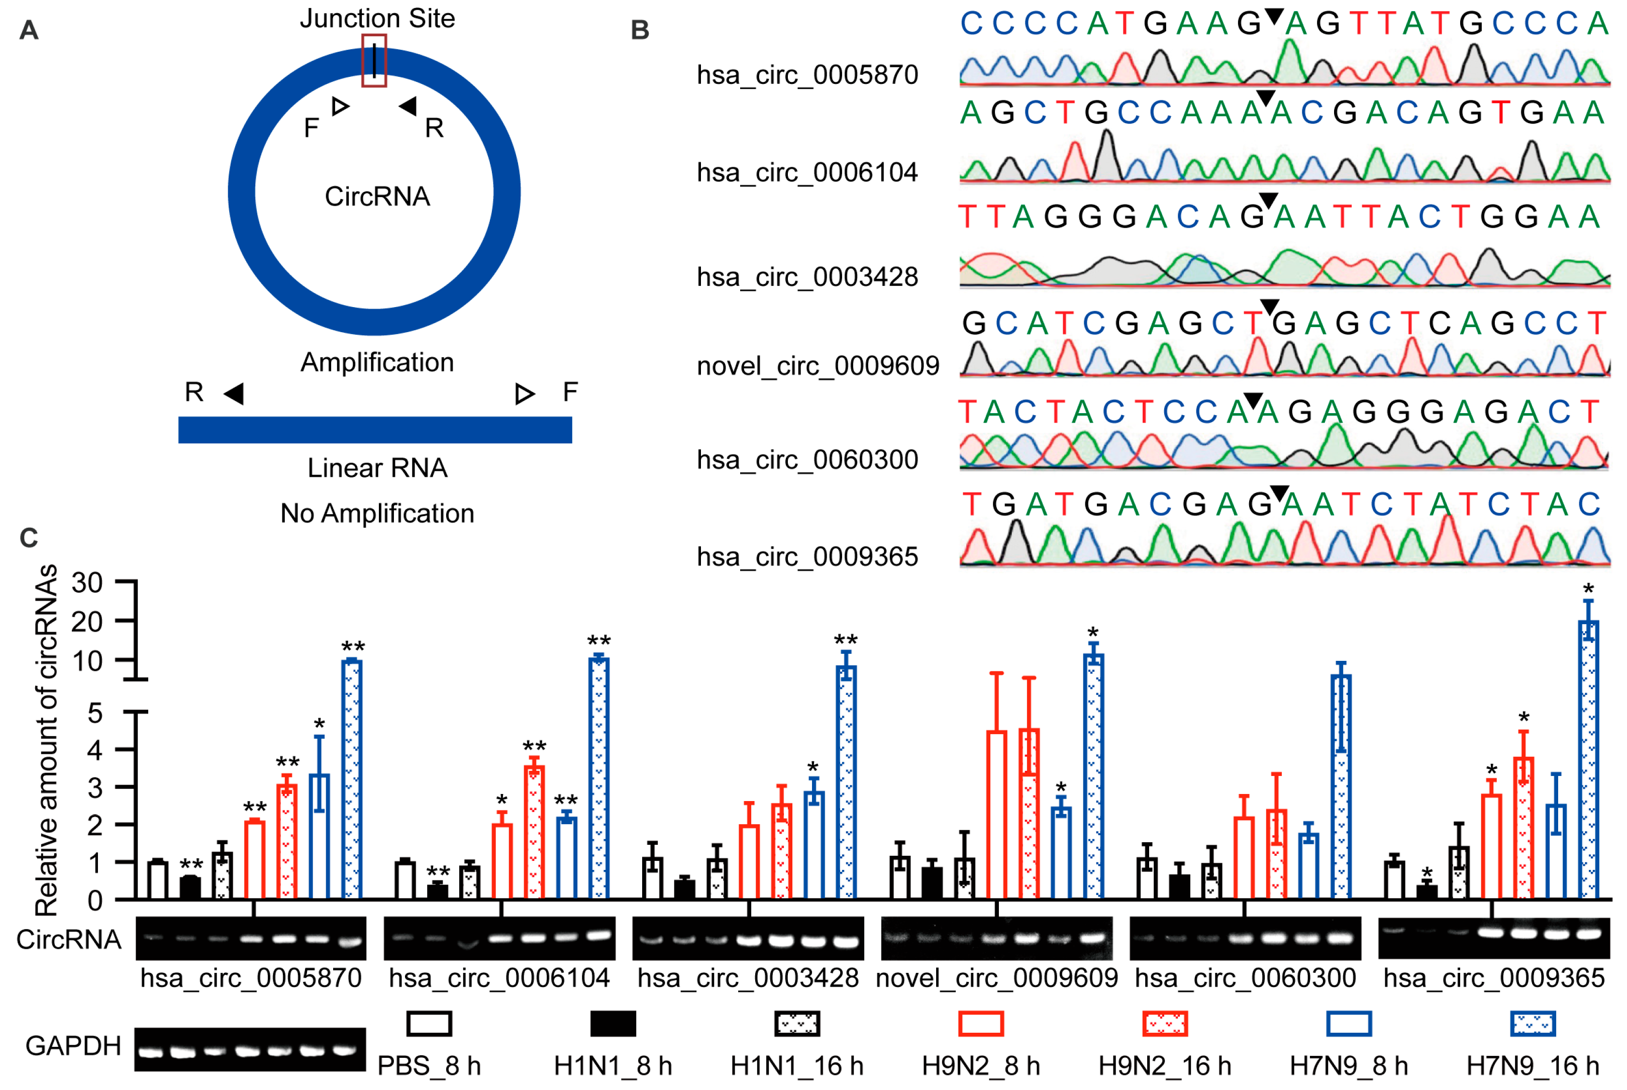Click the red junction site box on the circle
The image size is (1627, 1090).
374,60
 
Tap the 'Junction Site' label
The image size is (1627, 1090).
377,18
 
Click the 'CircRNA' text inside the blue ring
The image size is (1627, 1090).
377,196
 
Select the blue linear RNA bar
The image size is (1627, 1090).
375,430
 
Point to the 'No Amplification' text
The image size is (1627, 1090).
377,514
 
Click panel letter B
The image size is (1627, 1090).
640,31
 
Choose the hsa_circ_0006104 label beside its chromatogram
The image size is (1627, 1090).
807,172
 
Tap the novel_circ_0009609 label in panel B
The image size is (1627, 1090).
818,366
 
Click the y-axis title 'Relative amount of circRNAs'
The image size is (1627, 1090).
47,740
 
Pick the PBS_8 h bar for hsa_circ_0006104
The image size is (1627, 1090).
404,880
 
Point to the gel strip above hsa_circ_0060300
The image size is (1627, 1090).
1245,938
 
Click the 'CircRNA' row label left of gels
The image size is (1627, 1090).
69,940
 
